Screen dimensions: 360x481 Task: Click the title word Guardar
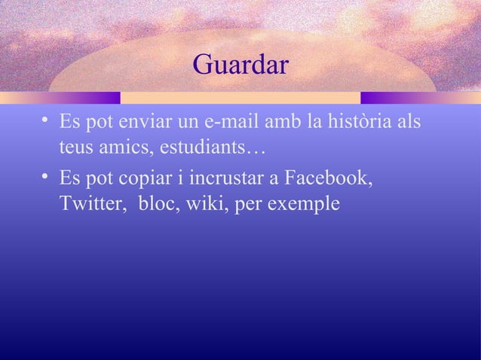coord(240,65)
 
